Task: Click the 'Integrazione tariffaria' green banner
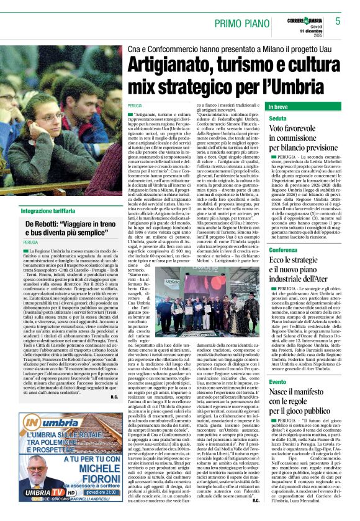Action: pyautogui.click(x=50, y=212)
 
